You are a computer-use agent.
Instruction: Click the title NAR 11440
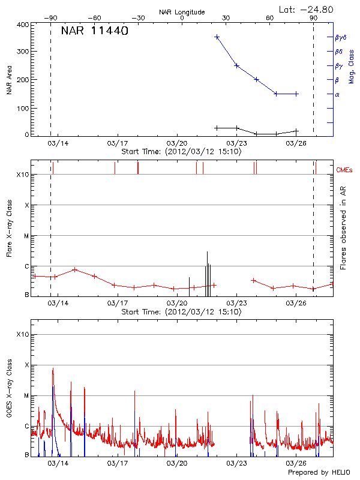pyautogui.click(x=95, y=31)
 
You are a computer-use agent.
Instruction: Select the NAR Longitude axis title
pyautogui.click(x=182, y=12)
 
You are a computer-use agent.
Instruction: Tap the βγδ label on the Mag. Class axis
pyautogui.click(x=340, y=37)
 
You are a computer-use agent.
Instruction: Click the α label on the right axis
pyautogui.click(x=337, y=94)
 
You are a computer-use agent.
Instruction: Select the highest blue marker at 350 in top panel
pyautogui.click(x=217, y=37)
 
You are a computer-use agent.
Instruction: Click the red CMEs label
pyautogui.click(x=346, y=169)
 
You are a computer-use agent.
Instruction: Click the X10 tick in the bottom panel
pyautogui.click(x=22, y=334)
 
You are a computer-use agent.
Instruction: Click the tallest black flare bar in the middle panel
pyautogui.click(x=207, y=274)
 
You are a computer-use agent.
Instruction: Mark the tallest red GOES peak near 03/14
pyautogui.click(x=53, y=368)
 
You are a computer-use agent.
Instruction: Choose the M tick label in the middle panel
pyautogui.click(x=26, y=236)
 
